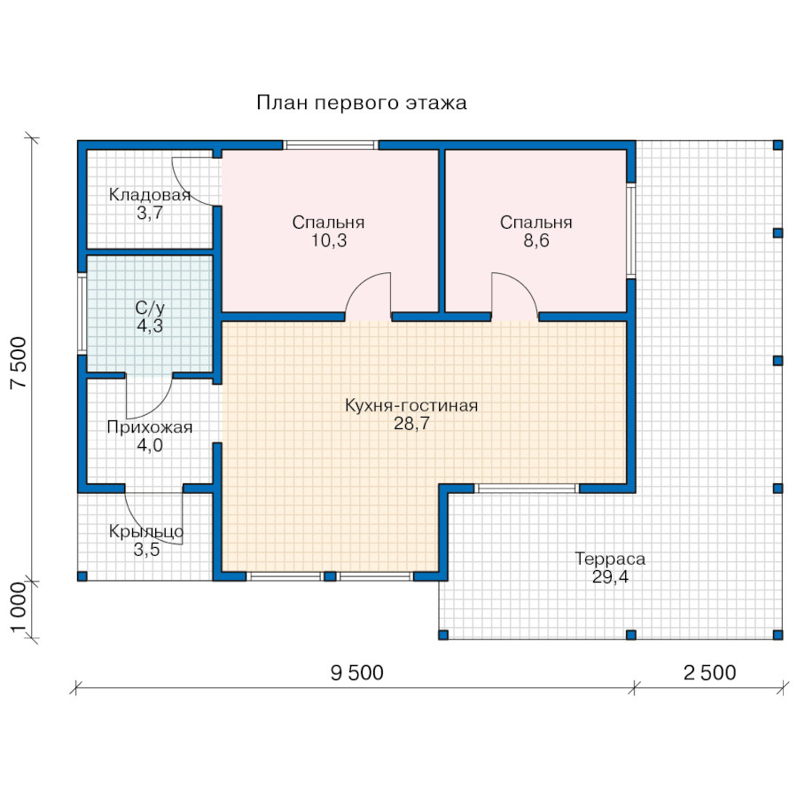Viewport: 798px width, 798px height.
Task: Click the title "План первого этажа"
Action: coord(362,103)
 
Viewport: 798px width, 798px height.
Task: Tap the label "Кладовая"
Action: coord(150,194)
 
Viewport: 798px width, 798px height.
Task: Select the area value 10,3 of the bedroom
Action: coord(329,240)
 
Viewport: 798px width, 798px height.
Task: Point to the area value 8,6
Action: coord(536,240)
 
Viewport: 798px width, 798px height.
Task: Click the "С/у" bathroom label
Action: coord(150,308)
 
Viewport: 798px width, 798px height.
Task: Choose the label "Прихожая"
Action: coord(150,427)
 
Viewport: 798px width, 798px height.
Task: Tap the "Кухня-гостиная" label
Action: coord(411,405)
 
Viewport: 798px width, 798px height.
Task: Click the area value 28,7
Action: coord(411,424)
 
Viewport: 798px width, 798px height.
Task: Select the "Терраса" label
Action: coord(610,559)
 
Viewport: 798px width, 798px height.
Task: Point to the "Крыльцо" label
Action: coord(146,532)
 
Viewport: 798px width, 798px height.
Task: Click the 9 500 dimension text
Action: coord(356,673)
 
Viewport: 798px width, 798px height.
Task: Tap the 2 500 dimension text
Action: coord(709,673)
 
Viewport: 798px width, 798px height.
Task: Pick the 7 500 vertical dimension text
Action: coord(19,363)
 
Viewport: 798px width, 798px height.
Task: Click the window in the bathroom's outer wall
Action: coord(82,314)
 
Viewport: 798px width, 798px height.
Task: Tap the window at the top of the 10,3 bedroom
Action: coord(331,145)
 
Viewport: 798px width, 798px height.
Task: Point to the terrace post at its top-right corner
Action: coord(778,145)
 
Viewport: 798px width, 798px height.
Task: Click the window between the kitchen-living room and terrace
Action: coord(527,489)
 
